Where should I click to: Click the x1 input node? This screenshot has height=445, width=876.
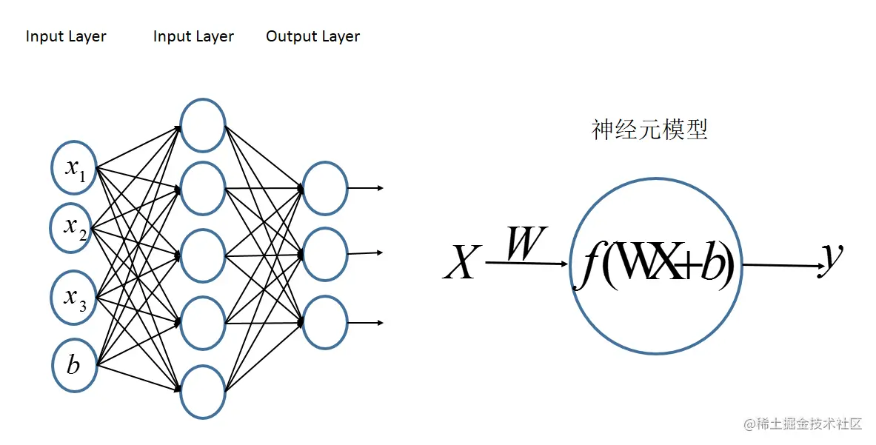74,168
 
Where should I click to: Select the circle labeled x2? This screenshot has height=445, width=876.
74,227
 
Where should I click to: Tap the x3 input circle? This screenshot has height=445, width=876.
74,298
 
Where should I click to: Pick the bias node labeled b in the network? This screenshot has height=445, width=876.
74,365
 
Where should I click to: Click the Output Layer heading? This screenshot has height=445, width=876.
312,36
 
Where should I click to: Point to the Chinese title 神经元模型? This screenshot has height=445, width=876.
649,130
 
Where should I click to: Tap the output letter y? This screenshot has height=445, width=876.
832,258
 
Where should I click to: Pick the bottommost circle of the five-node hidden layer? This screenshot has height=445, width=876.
202,391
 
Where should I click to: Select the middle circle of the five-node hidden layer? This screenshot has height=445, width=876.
202,256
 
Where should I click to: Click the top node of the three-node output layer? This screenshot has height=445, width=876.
325,188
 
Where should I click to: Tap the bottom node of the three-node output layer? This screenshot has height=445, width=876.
325,323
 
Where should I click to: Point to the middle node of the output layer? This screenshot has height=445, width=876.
325,255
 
